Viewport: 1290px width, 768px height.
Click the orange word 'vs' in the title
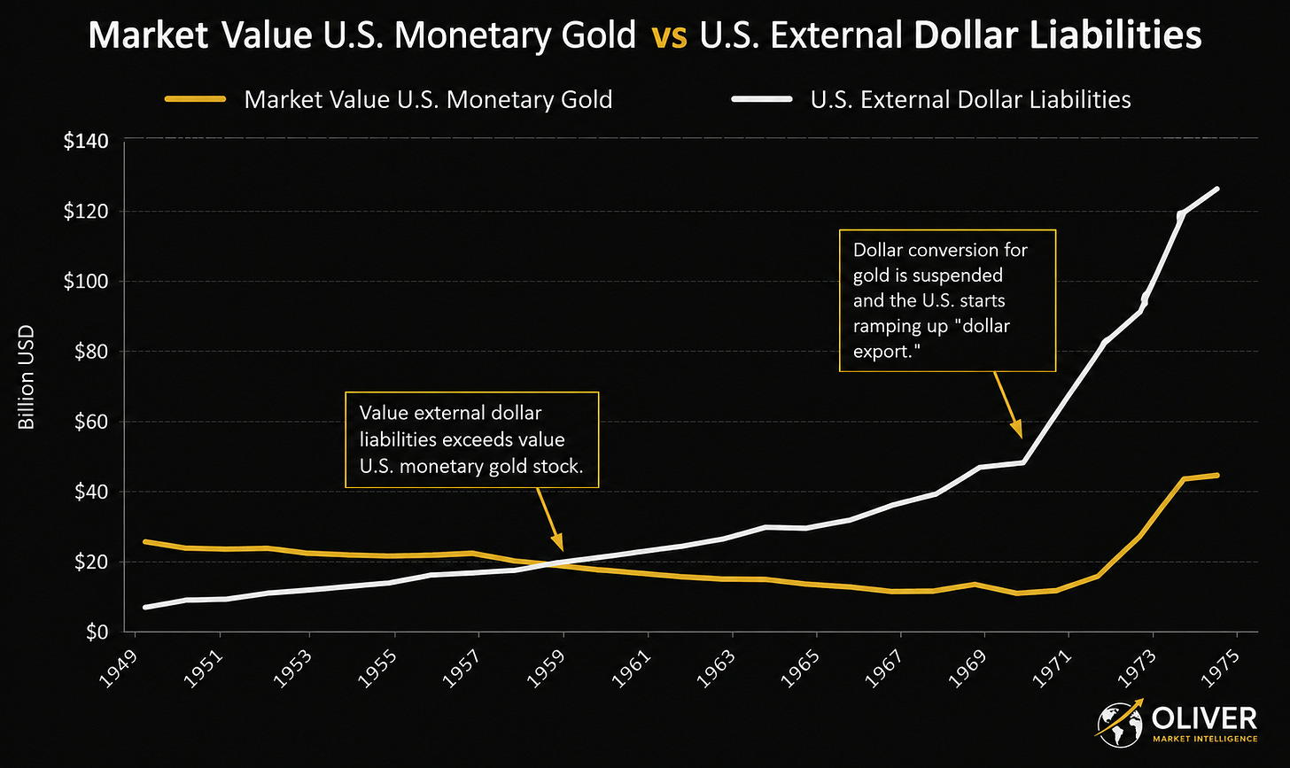click(669, 36)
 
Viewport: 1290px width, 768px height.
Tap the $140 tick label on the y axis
click(86, 141)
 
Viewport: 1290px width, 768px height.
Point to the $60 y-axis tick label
click(91, 422)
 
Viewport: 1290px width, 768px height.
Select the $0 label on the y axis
click(97, 632)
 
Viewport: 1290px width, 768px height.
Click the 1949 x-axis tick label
click(119, 669)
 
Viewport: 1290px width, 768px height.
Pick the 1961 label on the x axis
click(631, 669)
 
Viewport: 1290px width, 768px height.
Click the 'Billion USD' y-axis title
click(27, 377)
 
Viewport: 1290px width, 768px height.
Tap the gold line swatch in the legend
click(195, 99)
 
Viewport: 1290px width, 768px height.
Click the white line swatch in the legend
click(762, 99)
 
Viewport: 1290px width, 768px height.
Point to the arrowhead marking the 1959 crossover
click(557, 542)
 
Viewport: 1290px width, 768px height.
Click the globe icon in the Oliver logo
click(1119, 725)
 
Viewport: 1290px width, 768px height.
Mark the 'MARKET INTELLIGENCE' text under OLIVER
click(1205, 739)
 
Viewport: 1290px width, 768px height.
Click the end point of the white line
click(1216, 189)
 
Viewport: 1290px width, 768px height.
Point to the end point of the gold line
click(1216, 475)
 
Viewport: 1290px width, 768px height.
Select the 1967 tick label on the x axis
click(884, 669)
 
